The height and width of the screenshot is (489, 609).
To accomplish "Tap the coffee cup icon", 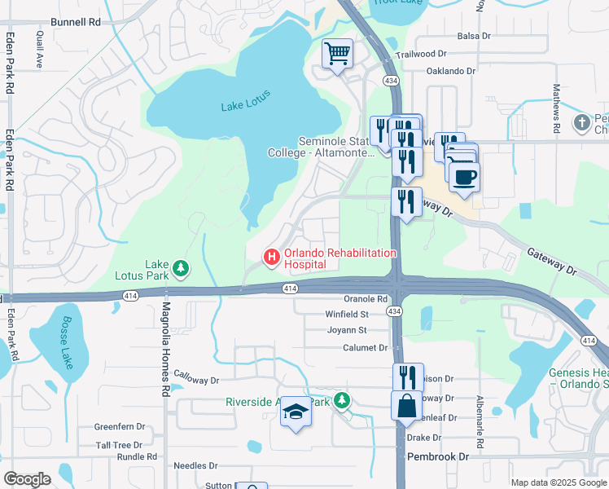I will [464, 177].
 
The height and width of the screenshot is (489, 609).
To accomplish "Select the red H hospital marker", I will [272, 258].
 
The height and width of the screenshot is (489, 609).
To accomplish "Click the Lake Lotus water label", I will [244, 106].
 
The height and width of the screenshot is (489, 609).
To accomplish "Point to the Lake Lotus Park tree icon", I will [180, 267].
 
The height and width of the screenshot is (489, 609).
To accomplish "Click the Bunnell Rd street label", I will [74, 23].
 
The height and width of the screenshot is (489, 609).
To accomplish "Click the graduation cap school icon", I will [296, 414].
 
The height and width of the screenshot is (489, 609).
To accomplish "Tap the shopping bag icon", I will [406, 405].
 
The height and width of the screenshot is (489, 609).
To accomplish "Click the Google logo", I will [27, 479].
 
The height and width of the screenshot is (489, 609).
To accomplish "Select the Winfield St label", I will [347, 314].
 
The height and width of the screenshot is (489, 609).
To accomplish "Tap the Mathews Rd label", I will [557, 108].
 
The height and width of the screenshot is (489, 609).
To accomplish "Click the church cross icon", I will [581, 123].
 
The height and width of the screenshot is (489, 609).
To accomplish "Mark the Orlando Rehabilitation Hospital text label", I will [339, 258].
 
